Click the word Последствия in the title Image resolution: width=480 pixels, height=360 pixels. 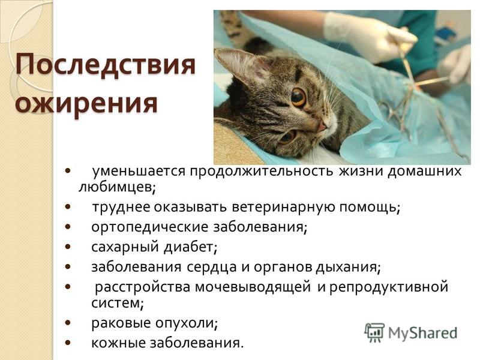[106, 65]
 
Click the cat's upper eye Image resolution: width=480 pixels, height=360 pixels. [298, 97]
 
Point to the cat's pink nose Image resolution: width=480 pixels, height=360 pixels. [322, 126]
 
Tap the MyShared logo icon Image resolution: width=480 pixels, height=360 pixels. [374, 333]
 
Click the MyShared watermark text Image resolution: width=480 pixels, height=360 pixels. [422, 333]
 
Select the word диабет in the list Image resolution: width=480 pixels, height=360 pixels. [190, 247]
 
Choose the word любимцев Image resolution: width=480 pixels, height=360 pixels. [117, 187]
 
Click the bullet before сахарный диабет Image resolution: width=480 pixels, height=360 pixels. [68, 247]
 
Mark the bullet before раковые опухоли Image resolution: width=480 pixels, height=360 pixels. [68, 322]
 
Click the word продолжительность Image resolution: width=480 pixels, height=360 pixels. [261, 172]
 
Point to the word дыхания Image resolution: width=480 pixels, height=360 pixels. [348, 267]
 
